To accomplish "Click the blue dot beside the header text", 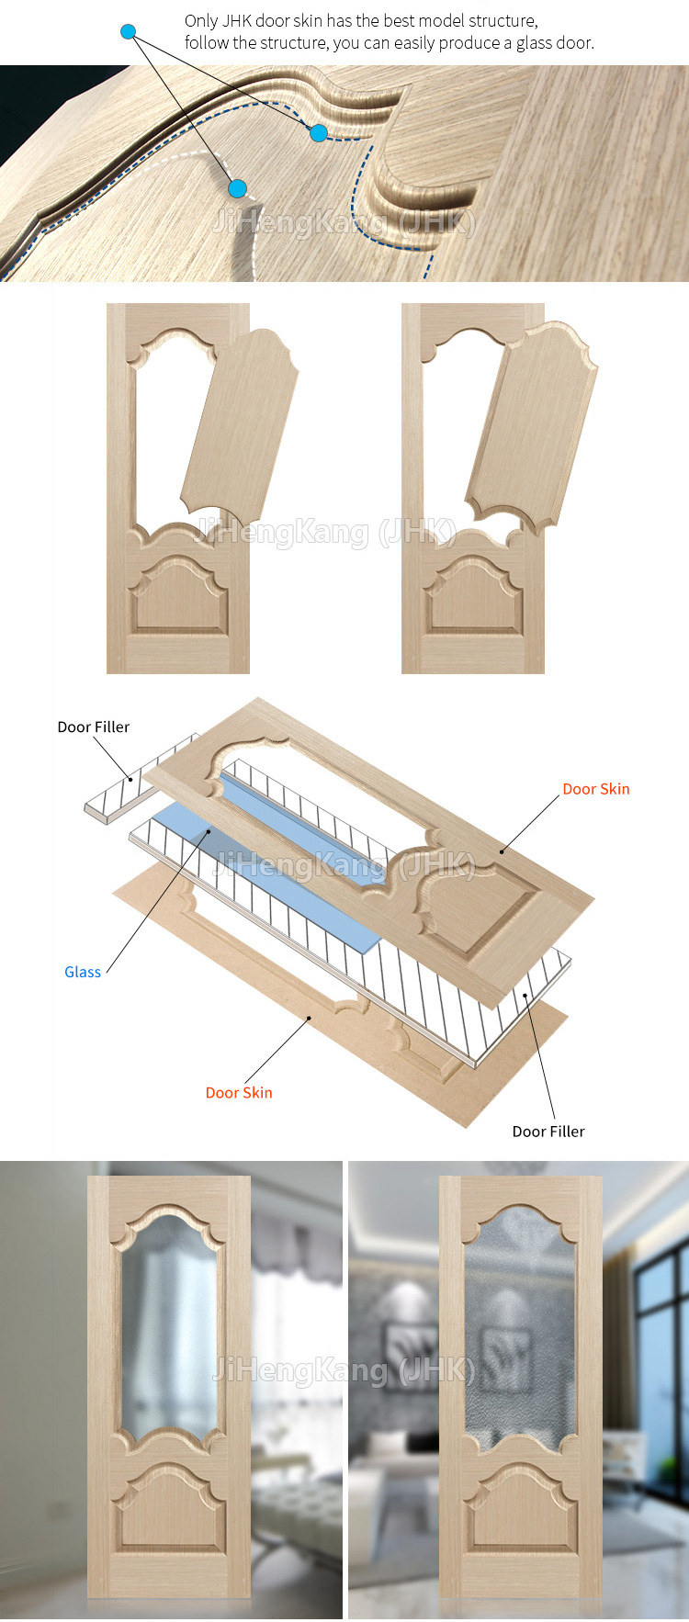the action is click(x=129, y=32).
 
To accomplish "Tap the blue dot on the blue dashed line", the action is click(x=319, y=133).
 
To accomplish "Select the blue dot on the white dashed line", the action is click(x=237, y=189).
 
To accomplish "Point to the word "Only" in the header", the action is click(x=201, y=21).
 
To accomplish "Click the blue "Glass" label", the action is click(x=83, y=972).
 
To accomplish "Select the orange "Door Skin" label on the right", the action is click(x=596, y=789).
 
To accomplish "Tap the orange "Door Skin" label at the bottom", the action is click(x=239, y=1092).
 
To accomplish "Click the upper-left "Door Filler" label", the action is click(x=94, y=727).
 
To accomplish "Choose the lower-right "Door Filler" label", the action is click(x=548, y=1132).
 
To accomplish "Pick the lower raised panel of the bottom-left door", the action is click(x=169, y=1506).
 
